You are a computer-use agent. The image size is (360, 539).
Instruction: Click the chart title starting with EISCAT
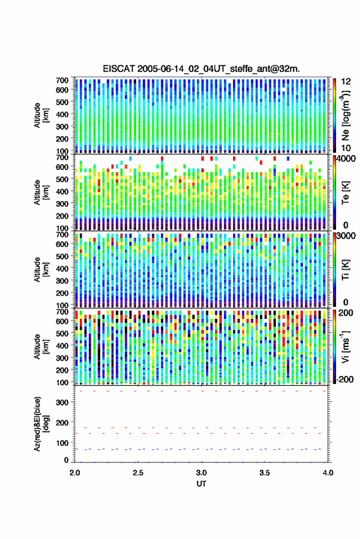pos(201,69)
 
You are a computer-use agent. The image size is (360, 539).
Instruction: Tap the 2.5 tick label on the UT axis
pos(138,473)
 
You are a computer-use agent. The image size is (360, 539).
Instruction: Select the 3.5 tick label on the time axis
pos(265,473)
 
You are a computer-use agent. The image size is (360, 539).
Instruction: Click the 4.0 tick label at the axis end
pos(328,473)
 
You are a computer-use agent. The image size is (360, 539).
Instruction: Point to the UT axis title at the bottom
pos(201,484)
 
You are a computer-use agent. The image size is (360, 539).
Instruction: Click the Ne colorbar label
pos(345,115)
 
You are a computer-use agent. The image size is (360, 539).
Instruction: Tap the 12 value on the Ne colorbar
pos(347,82)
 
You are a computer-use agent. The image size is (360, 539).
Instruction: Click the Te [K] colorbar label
pos(345,193)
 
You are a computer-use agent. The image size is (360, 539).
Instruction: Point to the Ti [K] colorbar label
pos(345,270)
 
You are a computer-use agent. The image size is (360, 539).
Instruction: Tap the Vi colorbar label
pos(345,346)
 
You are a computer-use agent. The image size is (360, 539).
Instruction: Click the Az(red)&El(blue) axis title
pos(40,424)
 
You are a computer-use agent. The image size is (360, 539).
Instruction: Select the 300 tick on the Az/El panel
pos(63,402)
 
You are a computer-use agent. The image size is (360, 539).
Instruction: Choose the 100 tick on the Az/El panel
pos(63,443)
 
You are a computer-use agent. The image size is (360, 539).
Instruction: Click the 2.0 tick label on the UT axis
pos(75,473)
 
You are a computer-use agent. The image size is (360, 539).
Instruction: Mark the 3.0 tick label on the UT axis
pos(202,473)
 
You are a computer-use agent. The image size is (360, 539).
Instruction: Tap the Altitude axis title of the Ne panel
pos(41,115)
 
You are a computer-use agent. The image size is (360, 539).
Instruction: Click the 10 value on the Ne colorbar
pos(347,148)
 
